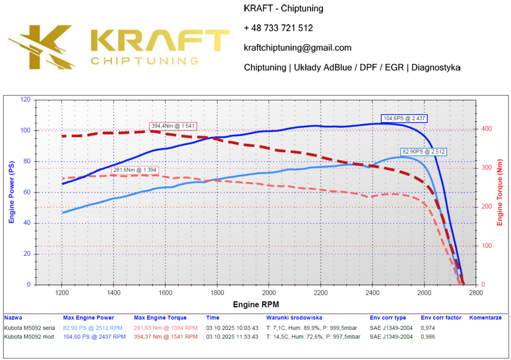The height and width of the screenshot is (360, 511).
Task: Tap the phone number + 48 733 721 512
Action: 278,28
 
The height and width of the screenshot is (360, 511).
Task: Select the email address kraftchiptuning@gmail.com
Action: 297,48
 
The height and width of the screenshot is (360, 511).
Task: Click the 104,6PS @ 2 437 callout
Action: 404,119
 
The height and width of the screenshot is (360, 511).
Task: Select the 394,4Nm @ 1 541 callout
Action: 174,126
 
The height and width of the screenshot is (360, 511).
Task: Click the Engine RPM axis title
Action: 256,304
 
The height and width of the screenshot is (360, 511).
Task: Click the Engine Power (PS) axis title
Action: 11,192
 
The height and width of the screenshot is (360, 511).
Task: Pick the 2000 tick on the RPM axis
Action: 269,293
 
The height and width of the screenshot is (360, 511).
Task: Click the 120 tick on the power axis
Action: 24,100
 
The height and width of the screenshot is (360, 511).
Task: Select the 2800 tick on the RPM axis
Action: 476,293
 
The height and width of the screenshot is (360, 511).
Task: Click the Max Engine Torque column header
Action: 160,318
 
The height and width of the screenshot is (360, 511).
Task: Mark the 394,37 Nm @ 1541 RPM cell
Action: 166,337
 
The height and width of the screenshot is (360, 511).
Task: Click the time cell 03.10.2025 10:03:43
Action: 233,328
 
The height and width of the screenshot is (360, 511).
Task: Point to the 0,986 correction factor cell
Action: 429,337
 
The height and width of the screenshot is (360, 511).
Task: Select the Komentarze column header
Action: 485,318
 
